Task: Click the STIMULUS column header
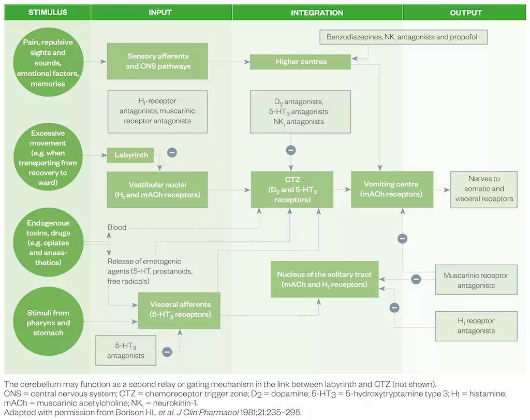tap(48, 12)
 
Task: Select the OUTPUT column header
tap(466, 12)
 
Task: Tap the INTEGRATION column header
tap(317, 12)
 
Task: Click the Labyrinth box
tap(131, 155)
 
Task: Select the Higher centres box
tap(300, 62)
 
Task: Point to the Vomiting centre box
tap(391, 189)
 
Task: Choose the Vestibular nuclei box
tap(157, 189)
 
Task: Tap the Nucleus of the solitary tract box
tap(324, 279)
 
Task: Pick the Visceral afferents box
tap(179, 310)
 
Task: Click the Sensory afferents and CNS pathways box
tap(157, 61)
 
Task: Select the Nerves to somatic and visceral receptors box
tap(483, 189)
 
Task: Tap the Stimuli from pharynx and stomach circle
tap(48, 322)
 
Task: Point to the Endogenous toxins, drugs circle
tap(48, 243)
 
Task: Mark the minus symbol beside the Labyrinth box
tap(172, 153)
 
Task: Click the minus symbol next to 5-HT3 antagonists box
tap(167, 352)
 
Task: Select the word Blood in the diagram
tap(116, 227)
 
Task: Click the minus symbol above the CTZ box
tap(291, 150)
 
